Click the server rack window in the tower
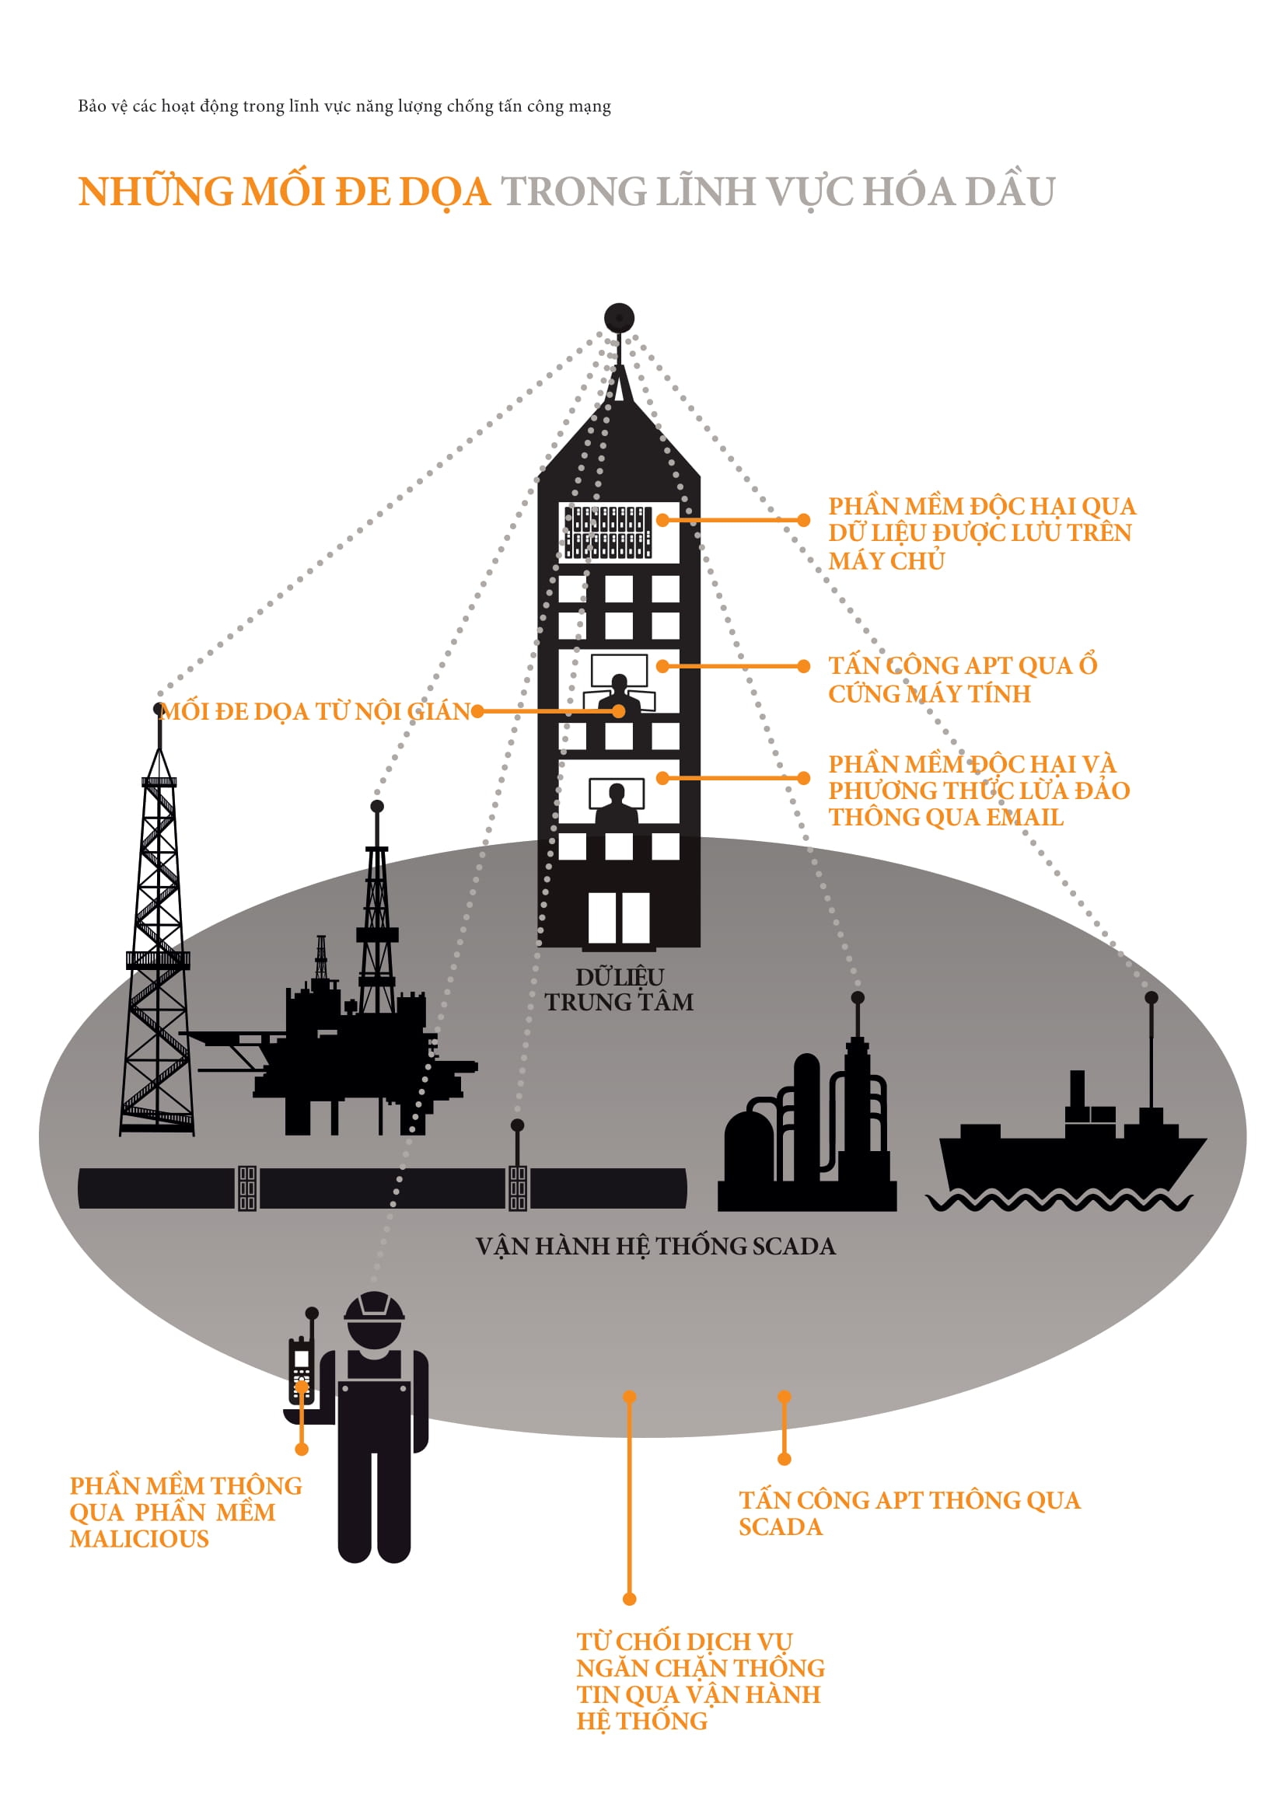click(x=608, y=532)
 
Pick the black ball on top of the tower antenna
click(x=619, y=319)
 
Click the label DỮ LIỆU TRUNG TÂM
click(x=619, y=989)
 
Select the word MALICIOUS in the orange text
click(x=139, y=1539)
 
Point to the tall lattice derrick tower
click(x=159, y=950)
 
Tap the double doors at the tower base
click(x=618, y=918)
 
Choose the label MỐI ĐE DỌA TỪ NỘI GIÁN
click(x=315, y=711)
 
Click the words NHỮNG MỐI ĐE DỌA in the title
click(x=285, y=192)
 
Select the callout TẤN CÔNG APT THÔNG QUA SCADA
click(x=909, y=1513)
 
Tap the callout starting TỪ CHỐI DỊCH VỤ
click(x=700, y=1680)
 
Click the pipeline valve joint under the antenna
click(x=517, y=1188)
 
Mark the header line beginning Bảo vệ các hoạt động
click(x=344, y=106)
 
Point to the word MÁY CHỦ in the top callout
click(x=886, y=560)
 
